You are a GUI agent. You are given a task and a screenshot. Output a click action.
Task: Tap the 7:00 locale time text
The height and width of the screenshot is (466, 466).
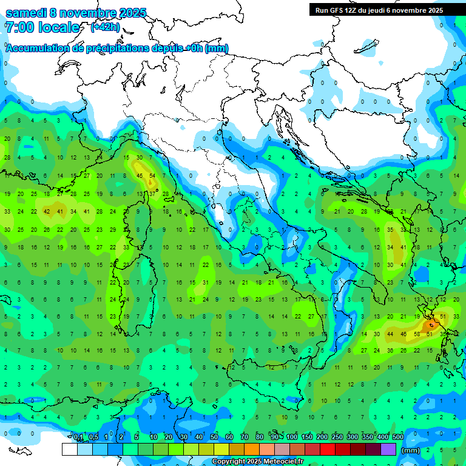(42, 27)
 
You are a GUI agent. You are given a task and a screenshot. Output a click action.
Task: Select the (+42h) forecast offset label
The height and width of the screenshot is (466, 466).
(106, 27)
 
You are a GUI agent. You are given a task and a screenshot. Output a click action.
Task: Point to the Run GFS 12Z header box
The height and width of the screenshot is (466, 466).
(379, 10)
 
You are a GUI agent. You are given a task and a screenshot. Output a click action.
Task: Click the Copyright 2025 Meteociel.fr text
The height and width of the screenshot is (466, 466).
(266, 462)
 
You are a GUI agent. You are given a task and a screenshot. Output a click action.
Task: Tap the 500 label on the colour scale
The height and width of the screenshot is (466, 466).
(398, 437)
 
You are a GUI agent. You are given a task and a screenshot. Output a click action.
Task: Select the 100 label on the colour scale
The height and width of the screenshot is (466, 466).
(292, 437)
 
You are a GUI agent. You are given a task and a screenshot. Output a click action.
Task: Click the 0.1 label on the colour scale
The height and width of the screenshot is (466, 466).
(78, 437)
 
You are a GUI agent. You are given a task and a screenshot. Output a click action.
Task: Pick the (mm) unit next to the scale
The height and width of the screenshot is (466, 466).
(411, 450)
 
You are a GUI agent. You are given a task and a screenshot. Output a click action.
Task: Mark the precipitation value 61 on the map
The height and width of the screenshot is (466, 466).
(430, 334)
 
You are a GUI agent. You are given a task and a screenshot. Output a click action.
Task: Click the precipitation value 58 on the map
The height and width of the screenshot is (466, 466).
(417, 334)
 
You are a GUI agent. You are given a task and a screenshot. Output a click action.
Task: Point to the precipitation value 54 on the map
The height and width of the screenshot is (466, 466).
(153, 176)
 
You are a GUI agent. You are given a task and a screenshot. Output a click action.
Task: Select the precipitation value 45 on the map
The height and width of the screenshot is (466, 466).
(140, 176)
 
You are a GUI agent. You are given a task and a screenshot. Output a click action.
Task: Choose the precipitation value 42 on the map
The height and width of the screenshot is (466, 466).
(47, 212)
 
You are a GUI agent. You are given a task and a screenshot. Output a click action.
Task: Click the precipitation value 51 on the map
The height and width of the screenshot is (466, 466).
(443, 316)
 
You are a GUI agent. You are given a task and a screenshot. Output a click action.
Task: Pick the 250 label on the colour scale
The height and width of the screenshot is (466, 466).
(337, 437)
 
